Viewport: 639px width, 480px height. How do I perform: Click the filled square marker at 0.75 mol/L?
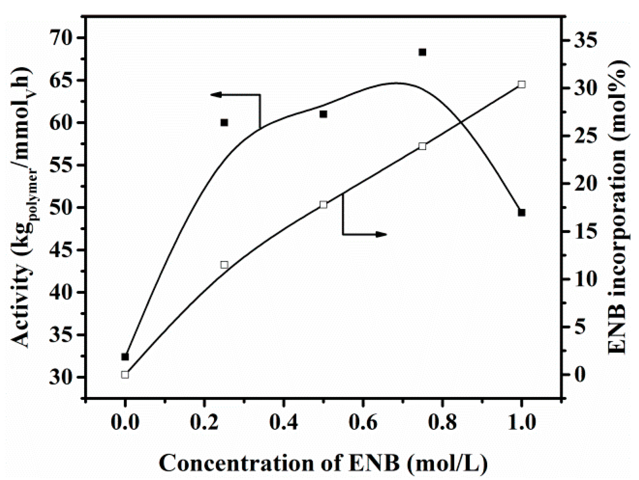pyautogui.click(x=422, y=52)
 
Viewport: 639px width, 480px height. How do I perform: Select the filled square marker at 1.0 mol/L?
pyautogui.click(x=522, y=212)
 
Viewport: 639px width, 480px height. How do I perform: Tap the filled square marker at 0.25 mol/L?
pyautogui.click(x=224, y=123)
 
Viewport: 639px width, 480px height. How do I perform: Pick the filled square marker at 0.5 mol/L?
pyautogui.click(x=323, y=114)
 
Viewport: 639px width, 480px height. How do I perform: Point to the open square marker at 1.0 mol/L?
pyautogui.click(x=522, y=85)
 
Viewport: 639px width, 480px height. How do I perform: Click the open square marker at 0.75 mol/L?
pyautogui.click(x=422, y=146)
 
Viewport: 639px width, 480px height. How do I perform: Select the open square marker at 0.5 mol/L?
pyautogui.click(x=323, y=205)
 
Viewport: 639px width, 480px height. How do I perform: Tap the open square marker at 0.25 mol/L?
pyautogui.click(x=224, y=265)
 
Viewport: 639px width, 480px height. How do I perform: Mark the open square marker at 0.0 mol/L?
pyautogui.click(x=125, y=375)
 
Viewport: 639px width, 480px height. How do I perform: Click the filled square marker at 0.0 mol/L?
pyautogui.click(x=125, y=357)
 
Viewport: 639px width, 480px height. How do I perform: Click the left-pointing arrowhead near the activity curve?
pyautogui.click(x=216, y=95)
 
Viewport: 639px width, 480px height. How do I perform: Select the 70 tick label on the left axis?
pyautogui.click(x=62, y=38)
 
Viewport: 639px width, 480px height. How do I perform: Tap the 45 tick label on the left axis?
pyautogui.click(x=62, y=250)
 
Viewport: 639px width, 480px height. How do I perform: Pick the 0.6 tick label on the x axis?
pyautogui.click(x=363, y=423)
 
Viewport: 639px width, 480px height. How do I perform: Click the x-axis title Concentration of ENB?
pyautogui.click(x=323, y=463)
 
